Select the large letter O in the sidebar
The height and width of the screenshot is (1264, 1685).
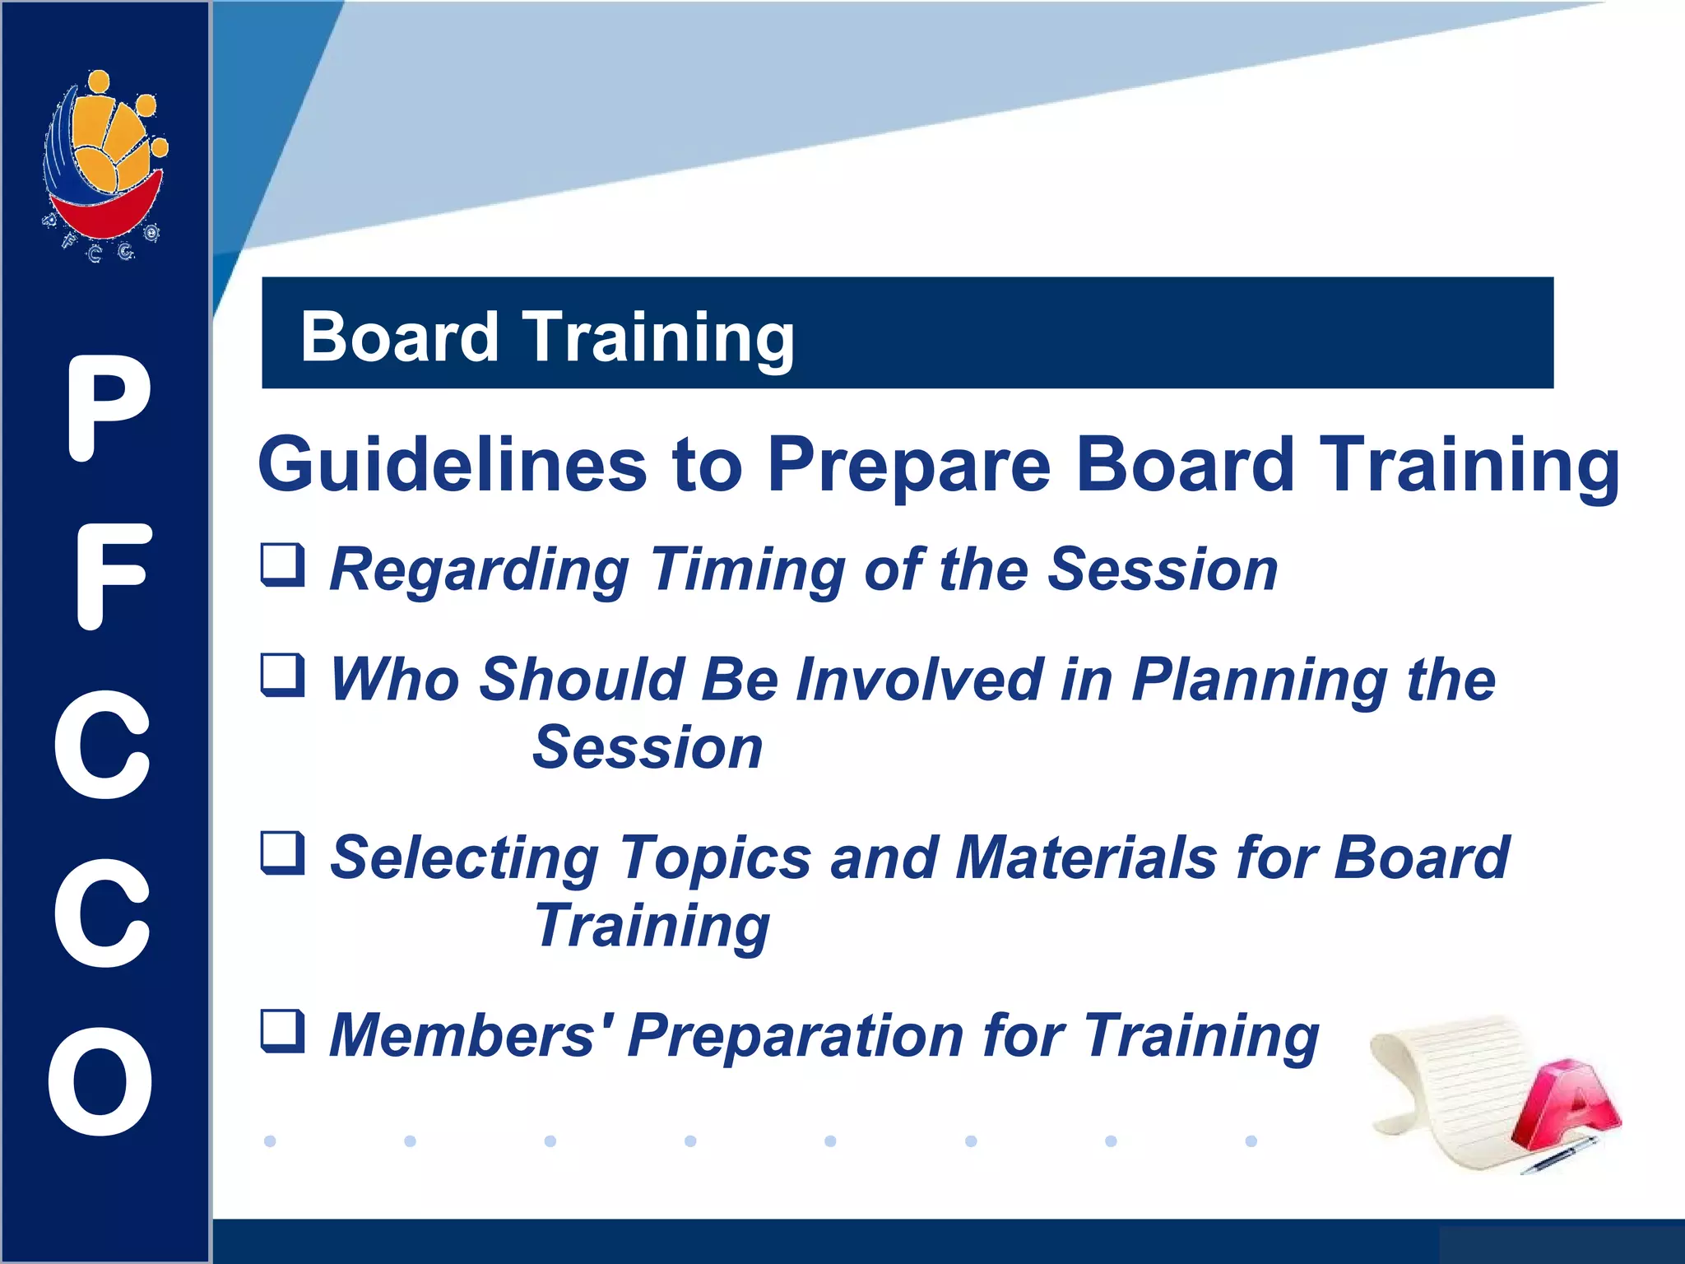click(x=100, y=1080)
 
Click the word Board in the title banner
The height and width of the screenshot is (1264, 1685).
click(x=400, y=337)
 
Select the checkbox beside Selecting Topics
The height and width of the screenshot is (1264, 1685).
click(x=283, y=853)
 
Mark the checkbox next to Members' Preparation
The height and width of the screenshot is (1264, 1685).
click(x=283, y=1031)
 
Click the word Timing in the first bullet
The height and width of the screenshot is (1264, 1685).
click(x=748, y=570)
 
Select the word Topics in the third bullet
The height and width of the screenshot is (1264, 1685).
click(x=715, y=858)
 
